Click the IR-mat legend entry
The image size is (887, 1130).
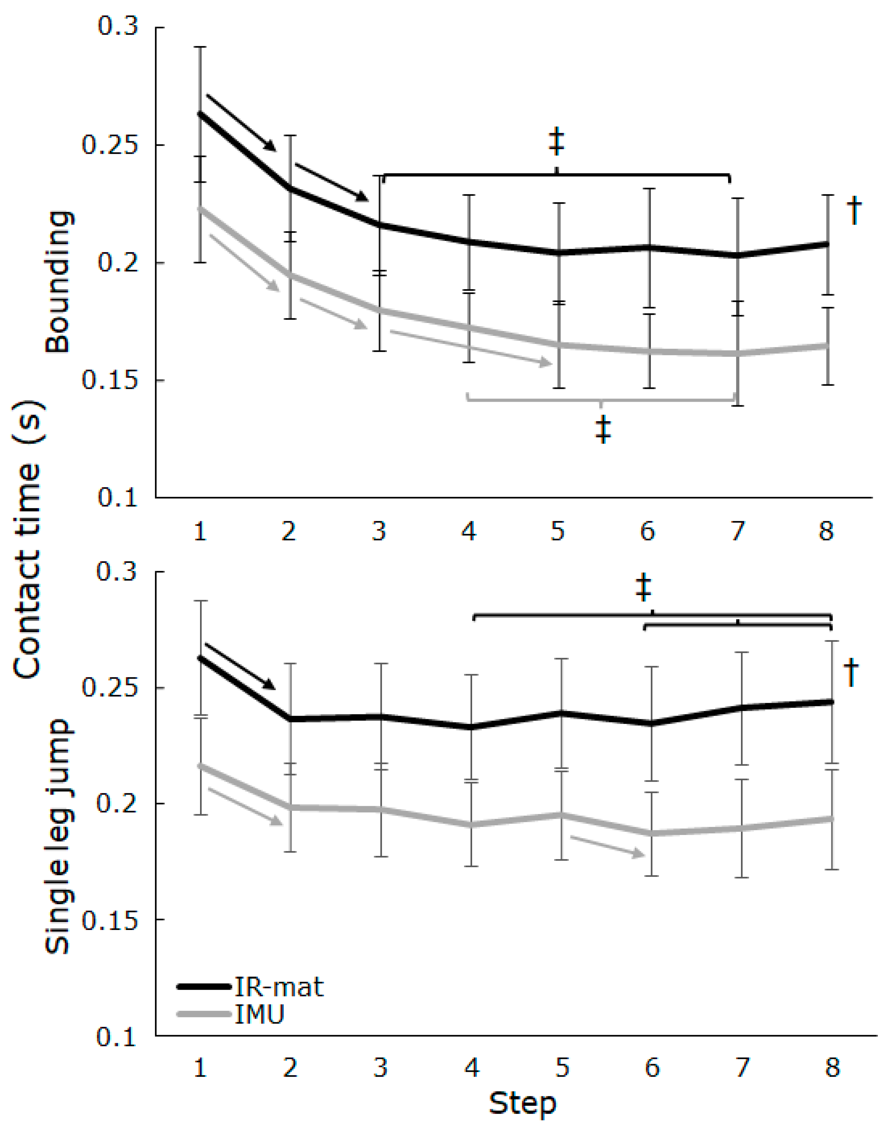point(279,987)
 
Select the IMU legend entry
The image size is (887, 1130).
point(259,1014)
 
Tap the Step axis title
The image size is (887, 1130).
point(522,1104)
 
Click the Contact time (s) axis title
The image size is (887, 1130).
point(27,540)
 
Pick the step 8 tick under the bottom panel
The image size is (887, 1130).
point(832,1068)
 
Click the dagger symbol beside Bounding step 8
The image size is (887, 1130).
point(854,210)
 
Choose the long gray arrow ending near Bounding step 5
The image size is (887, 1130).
point(470,347)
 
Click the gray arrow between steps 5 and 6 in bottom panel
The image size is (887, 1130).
point(607,845)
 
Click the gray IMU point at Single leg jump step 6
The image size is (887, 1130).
point(652,833)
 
